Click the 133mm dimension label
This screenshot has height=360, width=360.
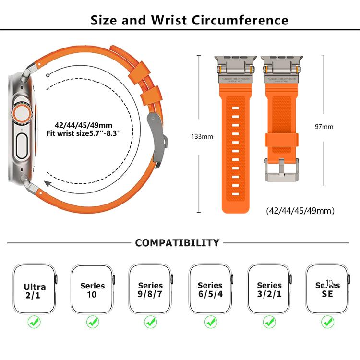click(x=202, y=136)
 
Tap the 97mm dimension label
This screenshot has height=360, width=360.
click(x=324, y=127)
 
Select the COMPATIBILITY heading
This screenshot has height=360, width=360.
click(x=177, y=243)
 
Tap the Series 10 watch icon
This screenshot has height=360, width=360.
click(x=93, y=289)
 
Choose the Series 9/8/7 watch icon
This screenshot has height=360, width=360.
click(x=150, y=289)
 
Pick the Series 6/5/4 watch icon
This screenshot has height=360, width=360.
click(x=210, y=289)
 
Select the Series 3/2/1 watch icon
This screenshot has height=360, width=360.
click(x=269, y=289)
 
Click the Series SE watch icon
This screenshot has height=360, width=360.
click(x=328, y=289)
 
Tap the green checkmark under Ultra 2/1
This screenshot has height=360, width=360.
click(x=34, y=322)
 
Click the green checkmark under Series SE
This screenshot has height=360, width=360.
click(x=328, y=322)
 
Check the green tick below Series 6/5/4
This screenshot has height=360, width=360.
click(x=210, y=322)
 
